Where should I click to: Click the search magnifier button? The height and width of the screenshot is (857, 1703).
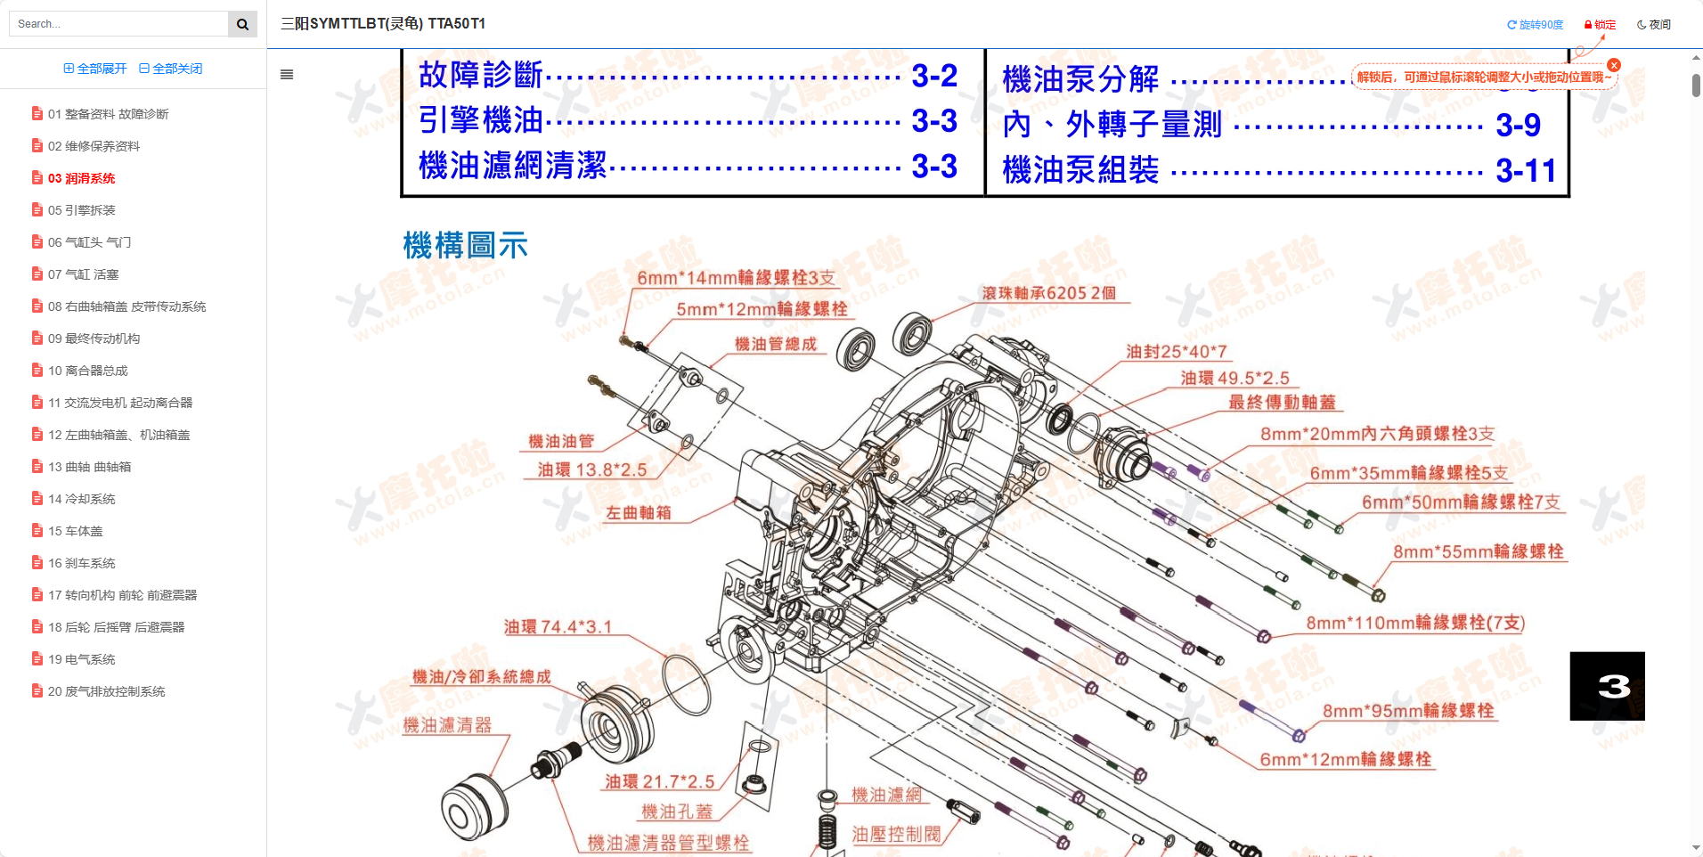[242, 24]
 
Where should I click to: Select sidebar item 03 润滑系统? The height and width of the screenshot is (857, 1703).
[81, 178]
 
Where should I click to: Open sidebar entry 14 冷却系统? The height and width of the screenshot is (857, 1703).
[81, 499]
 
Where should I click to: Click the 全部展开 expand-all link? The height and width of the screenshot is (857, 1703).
[95, 69]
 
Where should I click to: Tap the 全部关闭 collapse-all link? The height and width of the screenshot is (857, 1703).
[171, 69]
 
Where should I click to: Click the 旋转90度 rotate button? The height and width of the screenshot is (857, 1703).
[1535, 25]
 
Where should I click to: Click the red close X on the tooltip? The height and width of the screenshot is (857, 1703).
[1613, 65]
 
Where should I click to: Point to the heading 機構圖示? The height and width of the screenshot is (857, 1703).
[465, 245]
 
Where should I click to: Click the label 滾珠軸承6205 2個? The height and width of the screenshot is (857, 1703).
[1048, 293]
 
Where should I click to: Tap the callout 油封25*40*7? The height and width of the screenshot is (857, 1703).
[1176, 352]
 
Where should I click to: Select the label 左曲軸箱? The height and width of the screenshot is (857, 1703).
[638, 513]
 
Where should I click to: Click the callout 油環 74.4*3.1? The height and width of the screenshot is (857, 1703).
[558, 627]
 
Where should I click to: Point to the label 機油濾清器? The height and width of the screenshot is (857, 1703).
[447, 725]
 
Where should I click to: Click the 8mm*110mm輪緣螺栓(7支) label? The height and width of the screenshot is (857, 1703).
[1414, 623]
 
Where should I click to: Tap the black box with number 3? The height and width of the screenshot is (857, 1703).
[1606, 686]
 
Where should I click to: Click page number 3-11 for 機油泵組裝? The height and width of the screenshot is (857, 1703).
[1525, 170]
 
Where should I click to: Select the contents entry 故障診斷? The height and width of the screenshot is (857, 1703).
[480, 75]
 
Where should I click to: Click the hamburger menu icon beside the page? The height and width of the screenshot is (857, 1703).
[287, 75]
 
